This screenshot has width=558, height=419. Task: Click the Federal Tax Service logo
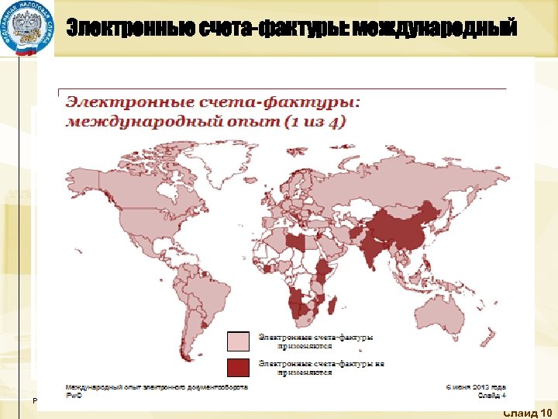[27, 29]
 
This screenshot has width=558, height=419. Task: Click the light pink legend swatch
[238, 341]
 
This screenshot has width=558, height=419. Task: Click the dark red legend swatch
[238, 367]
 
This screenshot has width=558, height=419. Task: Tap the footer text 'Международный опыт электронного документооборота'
[156, 386]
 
